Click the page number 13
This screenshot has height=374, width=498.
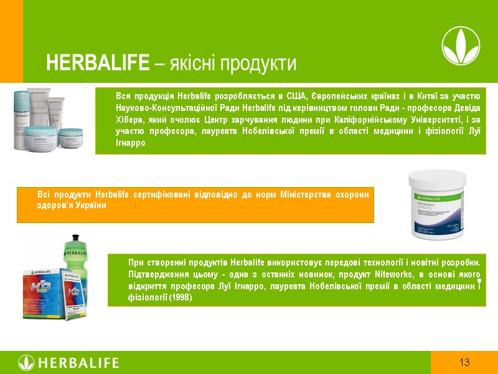point(464,363)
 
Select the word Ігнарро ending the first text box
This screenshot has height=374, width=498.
point(130,143)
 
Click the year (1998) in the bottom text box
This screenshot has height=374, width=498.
point(179,298)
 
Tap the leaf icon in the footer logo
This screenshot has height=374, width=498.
point(26,363)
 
